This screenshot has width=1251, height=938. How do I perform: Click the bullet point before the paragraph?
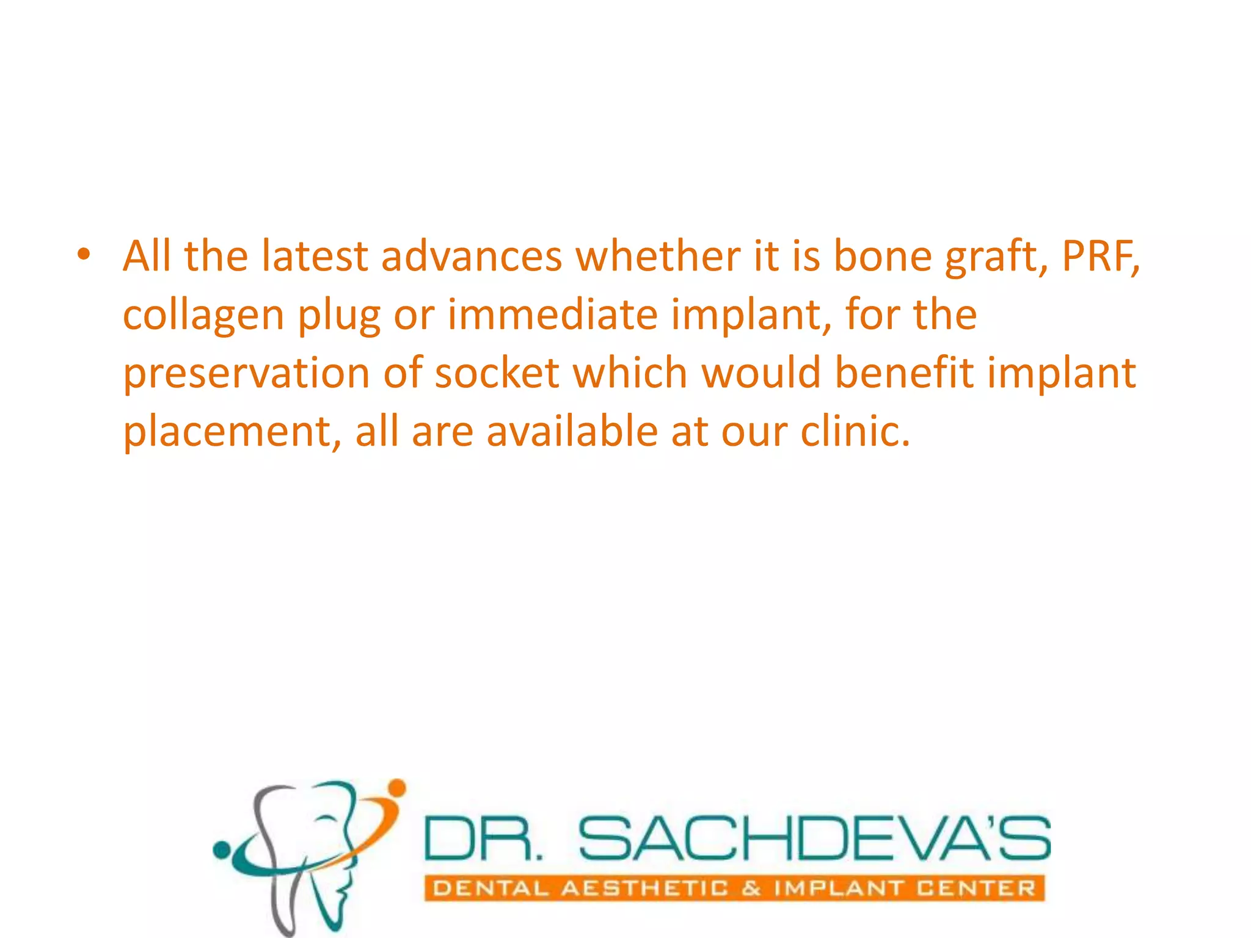click(84, 255)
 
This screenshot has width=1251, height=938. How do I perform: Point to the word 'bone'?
click(883, 256)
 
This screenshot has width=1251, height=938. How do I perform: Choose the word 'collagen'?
click(204, 316)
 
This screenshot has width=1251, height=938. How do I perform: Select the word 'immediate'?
click(553, 314)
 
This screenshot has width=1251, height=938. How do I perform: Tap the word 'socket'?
click(497, 373)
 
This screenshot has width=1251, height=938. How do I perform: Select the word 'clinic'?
click(853, 432)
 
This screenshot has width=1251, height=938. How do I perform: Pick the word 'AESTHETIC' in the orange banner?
click(644, 889)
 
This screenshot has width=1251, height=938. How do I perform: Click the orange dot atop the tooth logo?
click(397, 788)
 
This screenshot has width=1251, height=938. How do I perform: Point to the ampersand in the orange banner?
click(751, 889)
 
